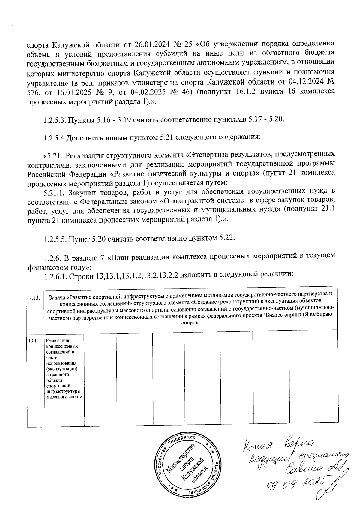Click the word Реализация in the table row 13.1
click(x=58, y=341)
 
